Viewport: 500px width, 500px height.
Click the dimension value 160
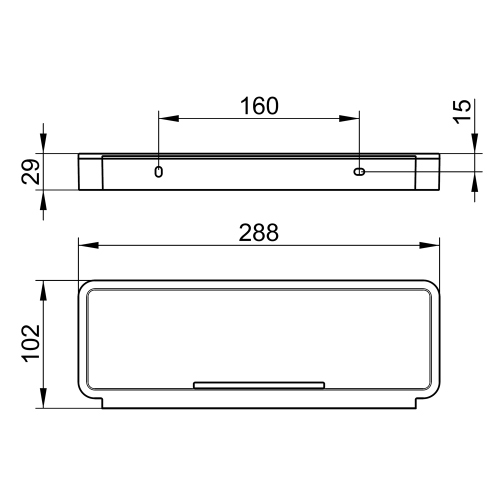(x=259, y=105)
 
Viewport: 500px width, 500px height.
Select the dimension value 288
(x=259, y=231)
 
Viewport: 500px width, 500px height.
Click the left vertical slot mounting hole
(x=158, y=172)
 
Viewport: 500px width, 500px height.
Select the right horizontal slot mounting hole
(x=359, y=172)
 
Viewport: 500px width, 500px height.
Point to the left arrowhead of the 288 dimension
(x=85, y=245)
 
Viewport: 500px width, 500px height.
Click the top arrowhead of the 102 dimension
(x=42, y=287)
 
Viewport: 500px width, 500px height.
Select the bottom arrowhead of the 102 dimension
(x=42, y=402)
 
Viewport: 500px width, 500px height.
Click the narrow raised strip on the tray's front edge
(x=259, y=382)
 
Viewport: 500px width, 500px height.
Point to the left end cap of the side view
(x=89, y=172)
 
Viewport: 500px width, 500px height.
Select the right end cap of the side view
(x=428, y=172)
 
